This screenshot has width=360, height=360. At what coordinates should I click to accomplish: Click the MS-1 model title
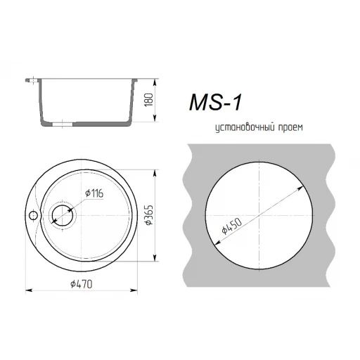click(215, 102)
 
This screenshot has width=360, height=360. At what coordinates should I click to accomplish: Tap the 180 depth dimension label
click(149, 100)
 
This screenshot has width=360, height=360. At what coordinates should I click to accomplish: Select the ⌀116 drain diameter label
click(94, 193)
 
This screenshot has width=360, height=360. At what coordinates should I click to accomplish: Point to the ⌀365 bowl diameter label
click(149, 215)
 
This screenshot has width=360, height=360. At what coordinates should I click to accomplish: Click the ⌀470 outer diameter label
click(82, 284)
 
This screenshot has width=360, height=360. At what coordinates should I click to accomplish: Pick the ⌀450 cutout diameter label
click(231, 226)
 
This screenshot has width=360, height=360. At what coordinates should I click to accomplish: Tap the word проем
click(290, 128)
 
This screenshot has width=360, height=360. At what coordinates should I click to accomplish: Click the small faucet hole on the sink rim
click(33, 215)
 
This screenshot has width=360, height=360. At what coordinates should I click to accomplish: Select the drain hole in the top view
click(63, 215)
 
